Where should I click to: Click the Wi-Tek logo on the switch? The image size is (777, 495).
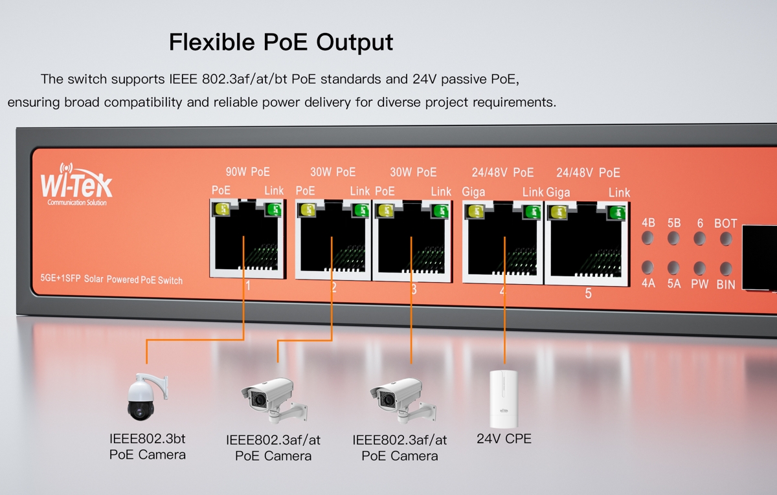point(76,184)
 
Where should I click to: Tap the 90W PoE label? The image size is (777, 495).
point(247,172)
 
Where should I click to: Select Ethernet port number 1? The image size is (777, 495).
point(247,239)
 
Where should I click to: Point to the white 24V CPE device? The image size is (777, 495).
point(506,399)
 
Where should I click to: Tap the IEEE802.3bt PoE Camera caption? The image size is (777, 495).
point(148,446)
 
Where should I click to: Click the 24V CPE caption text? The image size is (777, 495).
point(504,439)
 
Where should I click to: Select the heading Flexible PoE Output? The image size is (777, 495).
point(280,42)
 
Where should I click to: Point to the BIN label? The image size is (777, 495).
point(725,283)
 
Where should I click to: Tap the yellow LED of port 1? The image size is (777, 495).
point(221,209)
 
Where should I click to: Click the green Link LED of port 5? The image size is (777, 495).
point(617,211)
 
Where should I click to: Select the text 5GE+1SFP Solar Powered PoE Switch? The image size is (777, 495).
point(111,280)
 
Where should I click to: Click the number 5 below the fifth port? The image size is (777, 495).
point(588,294)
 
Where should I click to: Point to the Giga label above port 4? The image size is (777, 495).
point(473,192)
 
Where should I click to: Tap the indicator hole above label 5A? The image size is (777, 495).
point(673,267)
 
